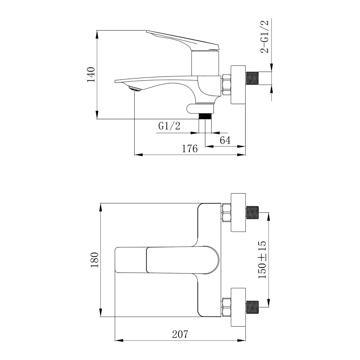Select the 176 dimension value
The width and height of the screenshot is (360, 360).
[x=190, y=149]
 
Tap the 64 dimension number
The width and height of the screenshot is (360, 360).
[x=225, y=140]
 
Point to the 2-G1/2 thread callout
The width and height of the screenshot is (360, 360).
[x=264, y=36]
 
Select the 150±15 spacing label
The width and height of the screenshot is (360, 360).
[x=262, y=260]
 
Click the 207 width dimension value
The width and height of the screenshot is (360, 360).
[x=180, y=334]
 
